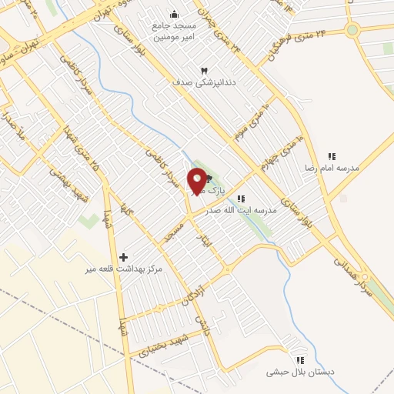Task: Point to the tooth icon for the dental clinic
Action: click(204, 71)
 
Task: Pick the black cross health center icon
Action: click(123, 256)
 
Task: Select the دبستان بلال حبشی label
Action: click(302, 372)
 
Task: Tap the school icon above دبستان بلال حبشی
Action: click(301, 359)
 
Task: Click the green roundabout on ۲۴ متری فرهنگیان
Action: click(353, 31)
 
